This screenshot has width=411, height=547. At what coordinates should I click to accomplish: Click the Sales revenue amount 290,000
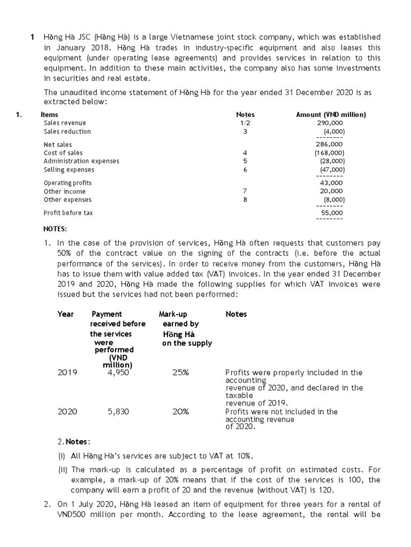pyautogui.click(x=330, y=123)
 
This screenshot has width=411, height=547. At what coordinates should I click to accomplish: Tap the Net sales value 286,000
pyautogui.click(x=330, y=144)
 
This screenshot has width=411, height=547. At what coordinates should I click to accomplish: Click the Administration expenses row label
pyautogui.click(x=81, y=161)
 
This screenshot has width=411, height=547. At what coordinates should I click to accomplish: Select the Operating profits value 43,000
pyautogui.click(x=332, y=183)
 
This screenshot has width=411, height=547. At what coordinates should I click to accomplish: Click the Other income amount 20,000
pyautogui.click(x=332, y=191)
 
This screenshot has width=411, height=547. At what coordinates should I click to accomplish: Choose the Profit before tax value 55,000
pyautogui.click(x=332, y=213)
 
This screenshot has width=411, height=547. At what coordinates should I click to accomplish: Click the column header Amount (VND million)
pyautogui.click(x=331, y=114)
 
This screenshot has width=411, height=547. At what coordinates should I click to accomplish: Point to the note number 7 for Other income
pyautogui.click(x=245, y=191)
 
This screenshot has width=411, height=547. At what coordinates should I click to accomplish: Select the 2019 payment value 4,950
pyautogui.click(x=118, y=373)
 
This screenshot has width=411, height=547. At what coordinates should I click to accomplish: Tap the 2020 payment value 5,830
pyautogui.click(x=118, y=412)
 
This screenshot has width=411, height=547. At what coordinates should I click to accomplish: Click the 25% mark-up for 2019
pyautogui.click(x=180, y=373)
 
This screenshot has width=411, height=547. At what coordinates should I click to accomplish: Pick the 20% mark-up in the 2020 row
pyautogui.click(x=180, y=412)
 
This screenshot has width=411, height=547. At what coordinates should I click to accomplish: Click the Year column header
pyautogui.click(x=65, y=314)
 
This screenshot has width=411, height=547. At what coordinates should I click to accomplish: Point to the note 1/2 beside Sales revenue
pyautogui.click(x=245, y=123)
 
